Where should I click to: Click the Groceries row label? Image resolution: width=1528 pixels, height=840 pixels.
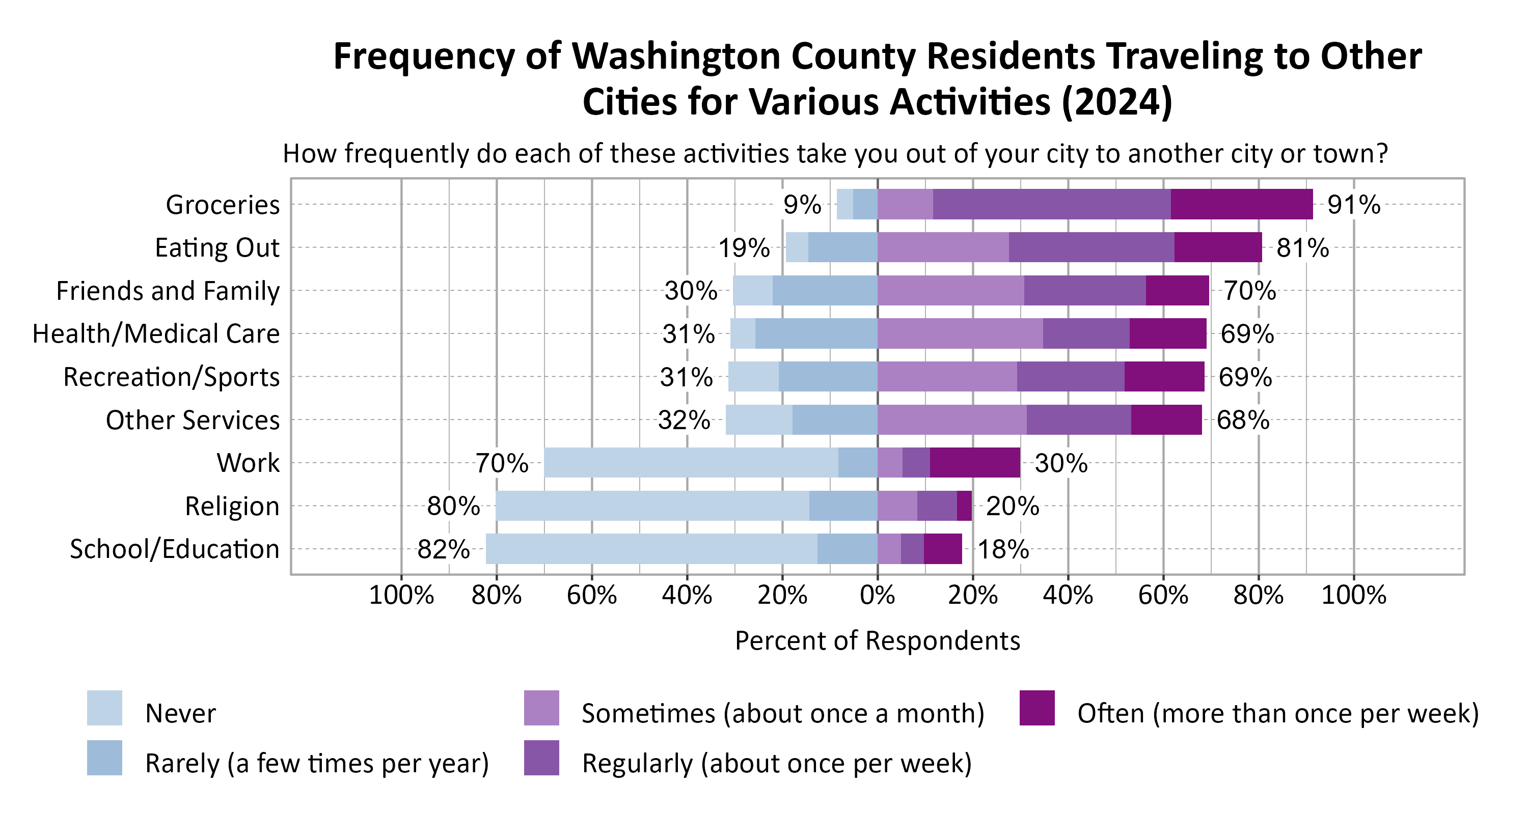click(x=223, y=205)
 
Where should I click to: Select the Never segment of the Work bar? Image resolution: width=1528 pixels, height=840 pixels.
click(x=691, y=463)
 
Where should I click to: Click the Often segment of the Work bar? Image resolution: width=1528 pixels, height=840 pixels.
click(x=974, y=463)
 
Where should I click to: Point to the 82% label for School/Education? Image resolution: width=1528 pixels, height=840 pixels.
click(x=443, y=549)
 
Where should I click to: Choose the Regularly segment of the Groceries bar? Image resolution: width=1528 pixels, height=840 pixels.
click(x=1051, y=205)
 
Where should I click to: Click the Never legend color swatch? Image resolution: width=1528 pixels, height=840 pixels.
click(x=104, y=708)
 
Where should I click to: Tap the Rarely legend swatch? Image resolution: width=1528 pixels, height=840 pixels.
click(x=104, y=758)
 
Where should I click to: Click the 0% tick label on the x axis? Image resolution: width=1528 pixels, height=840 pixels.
click(x=877, y=595)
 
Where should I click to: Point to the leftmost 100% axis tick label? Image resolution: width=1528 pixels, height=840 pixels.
click(x=401, y=595)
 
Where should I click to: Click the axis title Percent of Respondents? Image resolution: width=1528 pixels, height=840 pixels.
click(x=877, y=641)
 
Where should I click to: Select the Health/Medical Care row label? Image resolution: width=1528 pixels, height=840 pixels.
click(x=156, y=334)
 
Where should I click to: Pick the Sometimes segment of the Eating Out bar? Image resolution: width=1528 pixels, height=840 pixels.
click(x=943, y=247)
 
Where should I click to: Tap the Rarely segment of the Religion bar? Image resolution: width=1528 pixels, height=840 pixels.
click(x=843, y=506)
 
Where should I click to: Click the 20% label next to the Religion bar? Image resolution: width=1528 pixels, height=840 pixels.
click(x=1012, y=506)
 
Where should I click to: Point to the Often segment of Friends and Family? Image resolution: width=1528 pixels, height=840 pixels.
click(x=1177, y=291)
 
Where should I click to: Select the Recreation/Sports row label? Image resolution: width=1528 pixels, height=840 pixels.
click(x=172, y=377)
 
